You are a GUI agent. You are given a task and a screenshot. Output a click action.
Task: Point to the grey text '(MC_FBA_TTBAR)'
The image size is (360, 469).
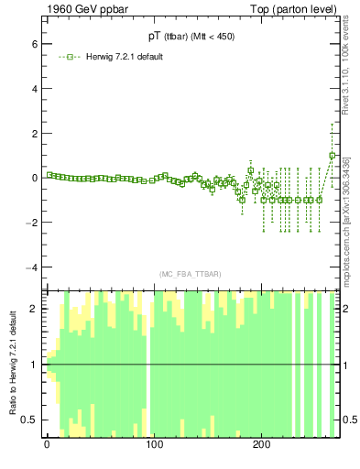[191, 274]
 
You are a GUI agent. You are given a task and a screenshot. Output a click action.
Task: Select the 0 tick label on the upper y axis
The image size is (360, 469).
[34, 178]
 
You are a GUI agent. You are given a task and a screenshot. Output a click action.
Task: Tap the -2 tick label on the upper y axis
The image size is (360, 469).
[32, 223]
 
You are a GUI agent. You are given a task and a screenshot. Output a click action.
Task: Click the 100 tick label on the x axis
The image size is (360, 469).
[154, 445]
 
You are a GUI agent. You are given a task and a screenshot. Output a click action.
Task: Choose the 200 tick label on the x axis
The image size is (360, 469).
[261, 445]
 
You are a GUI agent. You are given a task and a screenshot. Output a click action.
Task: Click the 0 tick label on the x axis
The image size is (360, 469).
[47, 445]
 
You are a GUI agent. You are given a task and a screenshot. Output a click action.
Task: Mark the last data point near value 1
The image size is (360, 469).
[333, 156]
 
